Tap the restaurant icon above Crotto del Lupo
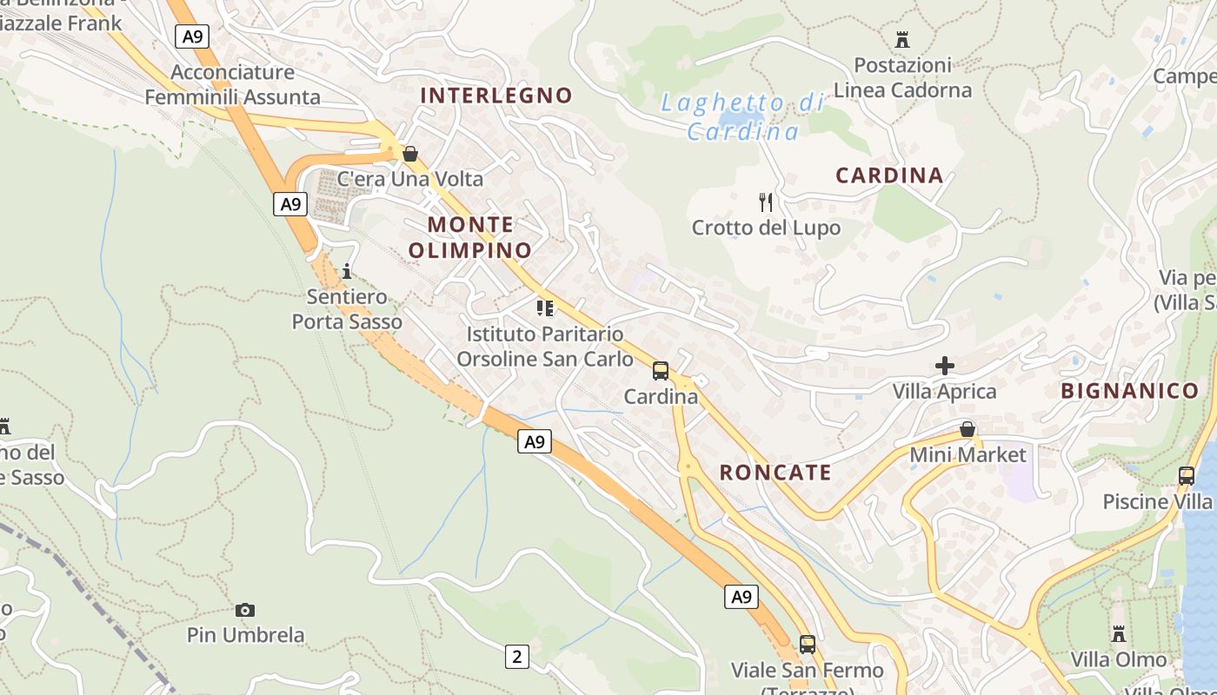[x=766, y=202]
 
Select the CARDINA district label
[x=889, y=175]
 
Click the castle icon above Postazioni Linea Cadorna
[x=902, y=39]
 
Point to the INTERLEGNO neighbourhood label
[x=496, y=96]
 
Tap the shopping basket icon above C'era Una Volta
[x=410, y=154]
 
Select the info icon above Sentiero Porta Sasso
[x=347, y=271]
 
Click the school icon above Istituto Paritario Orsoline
[x=545, y=308]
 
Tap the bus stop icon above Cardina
[x=661, y=371]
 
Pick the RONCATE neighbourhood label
[x=775, y=473]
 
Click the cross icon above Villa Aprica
[x=945, y=366]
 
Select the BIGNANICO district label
[x=1129, y=391]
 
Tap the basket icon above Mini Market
[x=968, y=429]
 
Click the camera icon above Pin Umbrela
[x=245, y=610]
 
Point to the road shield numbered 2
[x=516, y=657]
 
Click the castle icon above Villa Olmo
[x=1119, y=634]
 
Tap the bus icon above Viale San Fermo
[x=808, y=645]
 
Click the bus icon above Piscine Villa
[x=1187, y=476]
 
